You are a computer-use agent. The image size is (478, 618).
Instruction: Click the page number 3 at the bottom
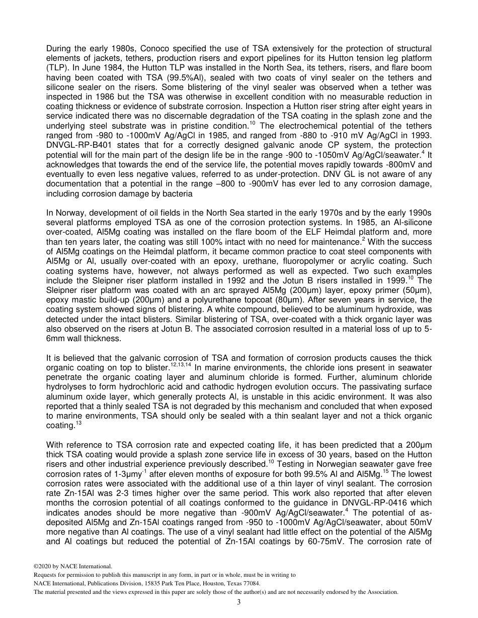[239, 602]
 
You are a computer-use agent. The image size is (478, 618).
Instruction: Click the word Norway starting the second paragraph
[70, 213]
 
